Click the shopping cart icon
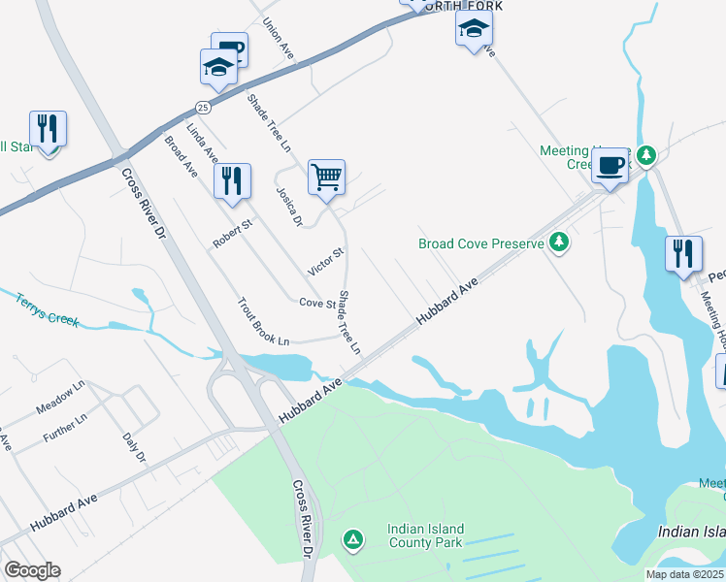(327, 178)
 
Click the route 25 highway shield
(202, 106)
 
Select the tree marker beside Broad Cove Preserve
(558, 242)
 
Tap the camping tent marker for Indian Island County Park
(353, 538)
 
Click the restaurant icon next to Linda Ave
(232, 181)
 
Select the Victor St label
(326, 260)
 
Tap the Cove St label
(316, 303)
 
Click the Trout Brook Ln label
(264, 322)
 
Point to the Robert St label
(233, 234)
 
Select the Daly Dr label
(134, 442)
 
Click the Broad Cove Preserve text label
(480, 244)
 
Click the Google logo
(32, 570)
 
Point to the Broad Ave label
(181, 156)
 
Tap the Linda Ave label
(203, 143)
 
